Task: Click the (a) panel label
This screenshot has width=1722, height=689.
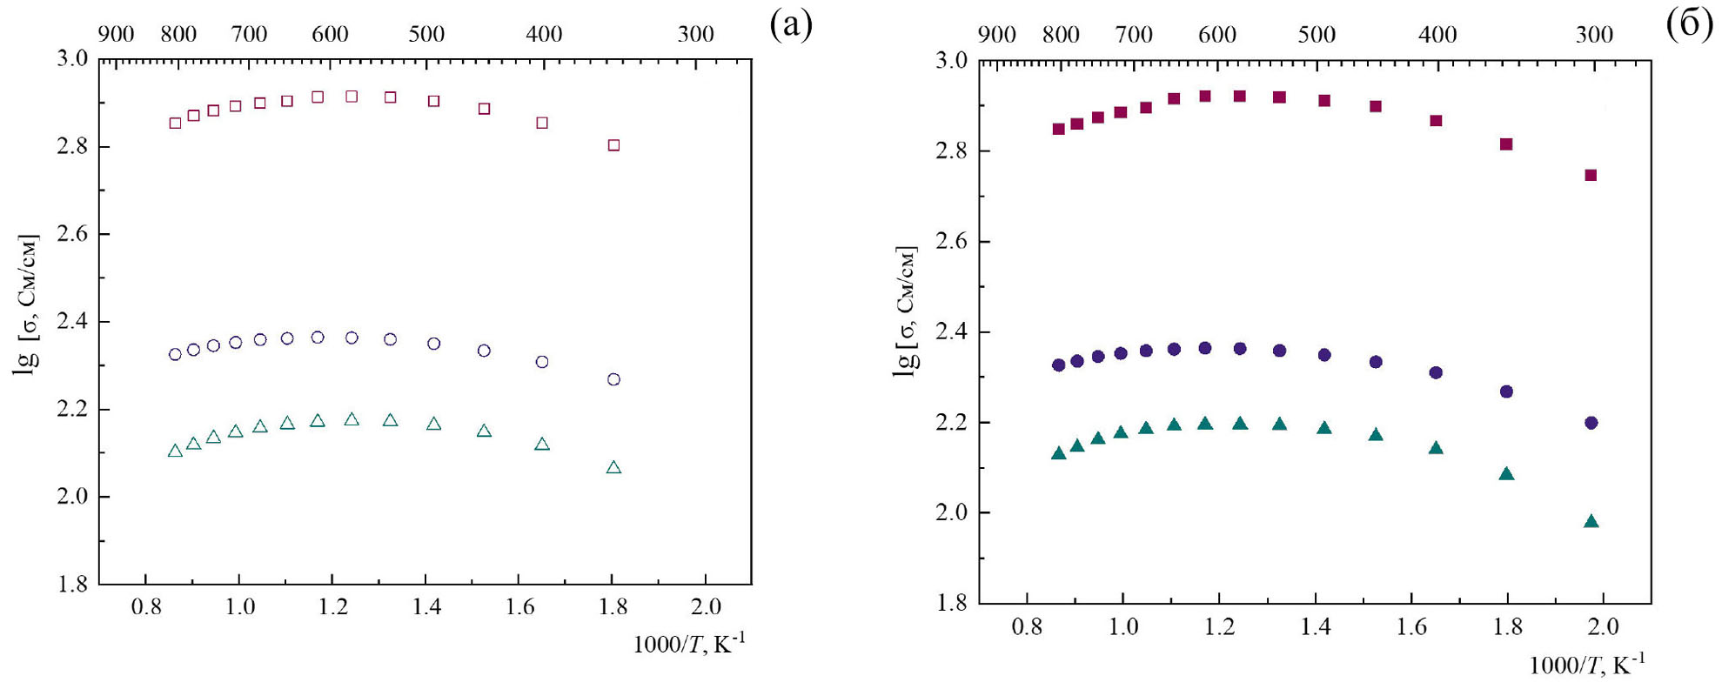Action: (790, 24)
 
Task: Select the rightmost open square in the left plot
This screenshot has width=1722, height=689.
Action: (613, 145)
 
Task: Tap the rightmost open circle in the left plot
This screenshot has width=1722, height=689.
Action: (613, 379)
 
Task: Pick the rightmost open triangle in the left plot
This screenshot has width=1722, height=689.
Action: (613, 468)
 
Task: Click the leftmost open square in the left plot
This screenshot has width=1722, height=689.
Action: (175, 123)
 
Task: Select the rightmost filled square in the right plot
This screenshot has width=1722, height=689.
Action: (1591, 175)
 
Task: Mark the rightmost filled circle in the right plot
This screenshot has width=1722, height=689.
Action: (1591, 423)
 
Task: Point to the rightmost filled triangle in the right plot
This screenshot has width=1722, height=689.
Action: (1591, 522)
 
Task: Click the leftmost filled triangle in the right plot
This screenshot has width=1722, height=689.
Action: (1058, 453)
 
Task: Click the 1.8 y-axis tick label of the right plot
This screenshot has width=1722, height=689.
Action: (950, 603)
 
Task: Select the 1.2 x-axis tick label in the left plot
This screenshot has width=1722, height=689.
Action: (332, 606)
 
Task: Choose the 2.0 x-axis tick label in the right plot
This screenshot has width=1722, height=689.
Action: (1603, 626)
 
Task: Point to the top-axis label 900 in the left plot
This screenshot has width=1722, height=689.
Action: (116, 35)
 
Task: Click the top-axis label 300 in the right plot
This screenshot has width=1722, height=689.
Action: (1593, 35)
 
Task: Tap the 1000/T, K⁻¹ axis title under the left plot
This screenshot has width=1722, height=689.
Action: (688, 644)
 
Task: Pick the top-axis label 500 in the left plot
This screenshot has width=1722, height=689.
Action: (426, 35)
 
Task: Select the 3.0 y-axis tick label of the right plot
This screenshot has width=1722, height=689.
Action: (950, 61)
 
